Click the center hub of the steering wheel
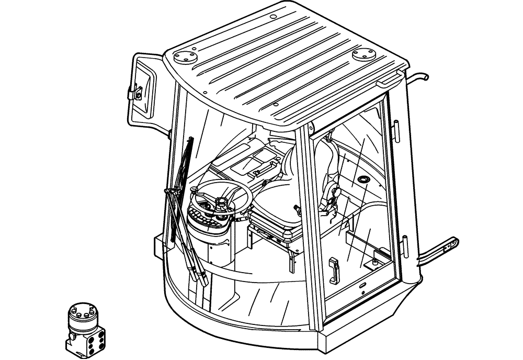220,203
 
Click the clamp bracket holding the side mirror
135,92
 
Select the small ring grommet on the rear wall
360,181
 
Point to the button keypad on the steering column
205,216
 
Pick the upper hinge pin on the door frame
397,129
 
